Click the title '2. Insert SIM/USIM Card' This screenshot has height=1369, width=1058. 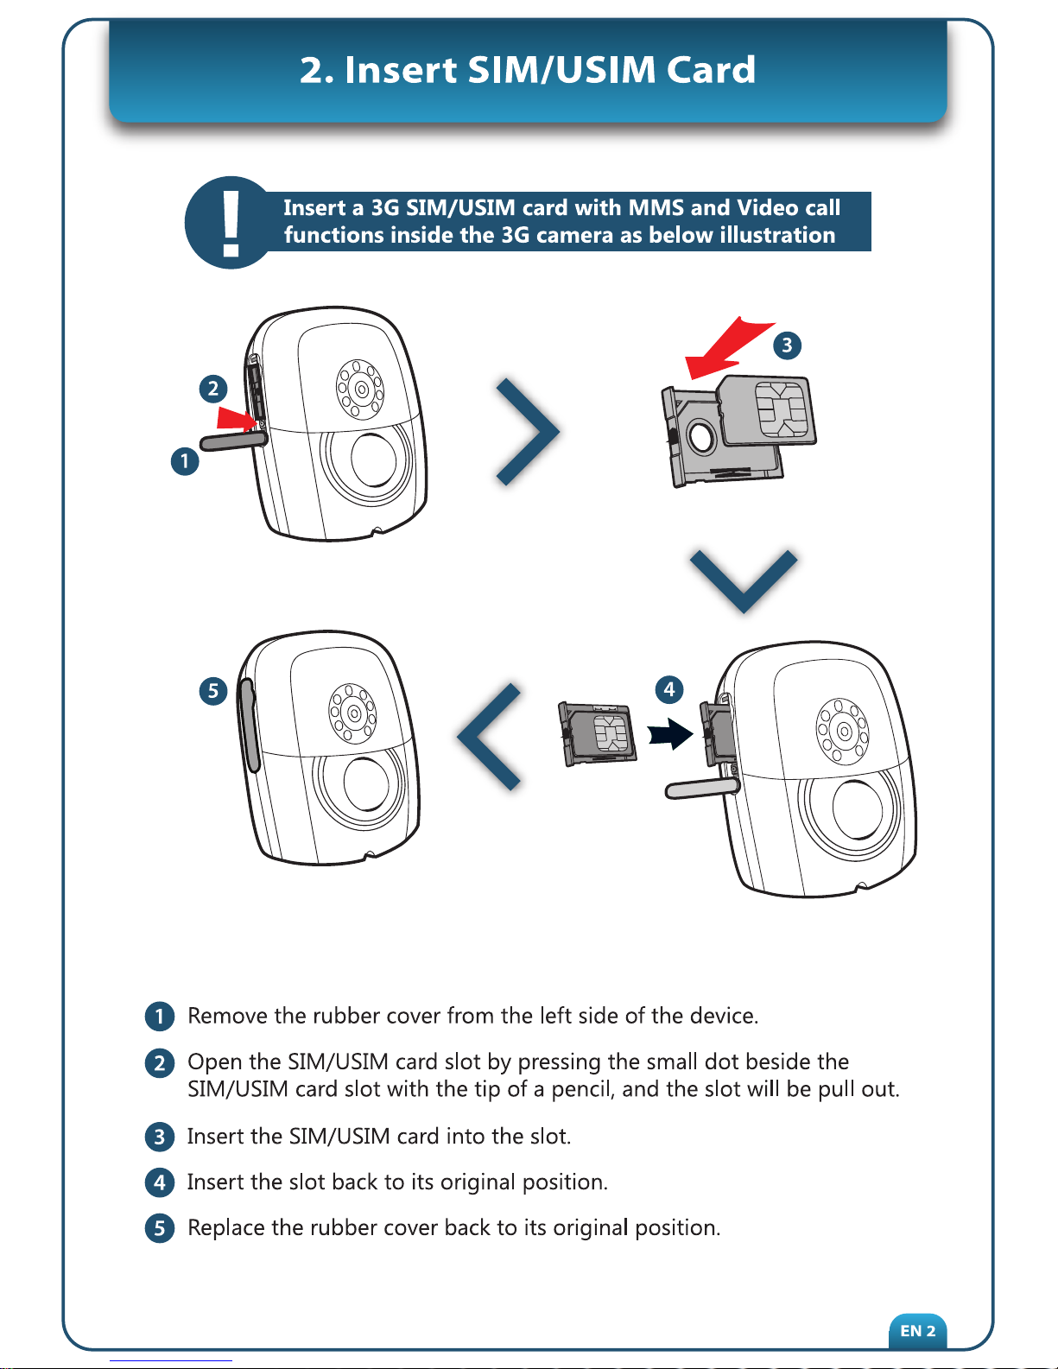pos(528,69)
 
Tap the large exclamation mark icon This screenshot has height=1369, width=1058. pos(231,225)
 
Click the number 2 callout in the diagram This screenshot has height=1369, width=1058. pos(213,389)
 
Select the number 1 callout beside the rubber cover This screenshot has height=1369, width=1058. pos(185,461)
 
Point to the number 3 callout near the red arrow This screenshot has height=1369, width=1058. pos(787,345)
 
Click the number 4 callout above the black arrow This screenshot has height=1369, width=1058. pos(669,689)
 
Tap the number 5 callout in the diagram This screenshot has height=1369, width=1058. pos(213,690)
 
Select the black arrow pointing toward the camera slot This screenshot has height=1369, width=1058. pos(671,734)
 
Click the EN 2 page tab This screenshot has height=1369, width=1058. pos(917,1331)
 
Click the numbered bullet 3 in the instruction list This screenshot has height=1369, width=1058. pos(159,1138)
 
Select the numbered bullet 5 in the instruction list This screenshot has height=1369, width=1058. pos(159,1228)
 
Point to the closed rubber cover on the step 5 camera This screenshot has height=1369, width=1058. pos(248,725)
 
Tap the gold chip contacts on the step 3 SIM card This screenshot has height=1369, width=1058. pos(781,410)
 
